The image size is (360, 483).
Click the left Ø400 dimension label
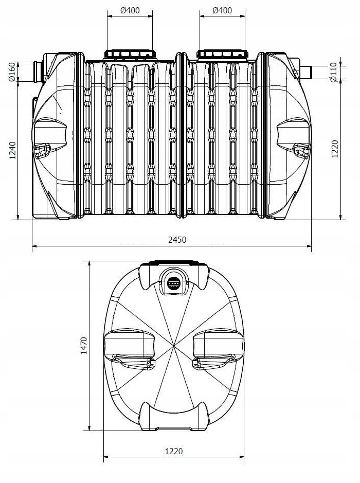(130, 10)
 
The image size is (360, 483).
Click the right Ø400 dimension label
(222, 10)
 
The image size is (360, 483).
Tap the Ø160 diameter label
(12, 72)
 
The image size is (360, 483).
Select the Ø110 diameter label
(333, 72)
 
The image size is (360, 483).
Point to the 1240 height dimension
(12, 150)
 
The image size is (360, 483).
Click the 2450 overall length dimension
(177, 240)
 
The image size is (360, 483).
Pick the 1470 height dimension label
(83, 346)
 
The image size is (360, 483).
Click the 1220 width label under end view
(174, 451)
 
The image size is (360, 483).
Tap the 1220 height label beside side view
(335, 149)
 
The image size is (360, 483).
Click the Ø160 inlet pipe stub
(39, 71)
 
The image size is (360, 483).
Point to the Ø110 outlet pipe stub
(307, 72)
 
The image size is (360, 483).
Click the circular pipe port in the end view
(174, 281)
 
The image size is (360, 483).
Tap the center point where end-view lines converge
(174, 346)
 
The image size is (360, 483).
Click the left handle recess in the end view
(129, 349)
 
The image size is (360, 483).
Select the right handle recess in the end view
(218, 349)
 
